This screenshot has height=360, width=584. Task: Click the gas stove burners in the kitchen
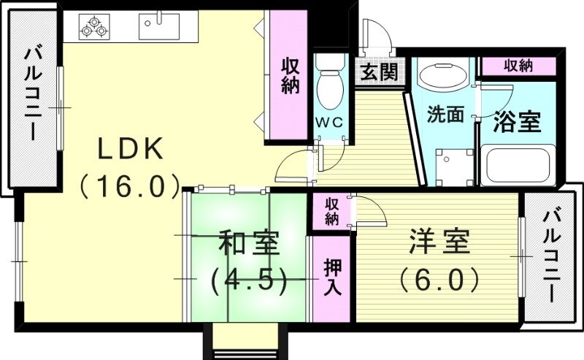[x=94, y=27]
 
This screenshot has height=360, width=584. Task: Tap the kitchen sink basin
[x=159, y=26]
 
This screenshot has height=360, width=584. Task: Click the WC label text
[x=329, y=122]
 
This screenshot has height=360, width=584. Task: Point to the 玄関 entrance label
[x=379, y=72]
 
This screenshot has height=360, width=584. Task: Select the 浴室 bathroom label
[x=517, y=121]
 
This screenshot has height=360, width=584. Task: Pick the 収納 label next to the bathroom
[x=518, y=66]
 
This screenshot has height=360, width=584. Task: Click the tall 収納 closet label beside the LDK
[x=290, y=77]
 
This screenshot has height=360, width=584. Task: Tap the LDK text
[x=130, y=149]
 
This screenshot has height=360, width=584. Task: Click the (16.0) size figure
[x=130, y=186]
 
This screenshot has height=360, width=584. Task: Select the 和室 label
[x=248, y=242]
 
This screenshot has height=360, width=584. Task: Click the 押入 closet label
[x=332, y=277]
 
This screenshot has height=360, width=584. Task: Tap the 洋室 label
[x=439, y=242]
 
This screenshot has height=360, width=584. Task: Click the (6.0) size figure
[x=439, y=280]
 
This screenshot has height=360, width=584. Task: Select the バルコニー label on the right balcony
[x=550, y=257]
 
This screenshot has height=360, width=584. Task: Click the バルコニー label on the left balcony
[x=33, y=94]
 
